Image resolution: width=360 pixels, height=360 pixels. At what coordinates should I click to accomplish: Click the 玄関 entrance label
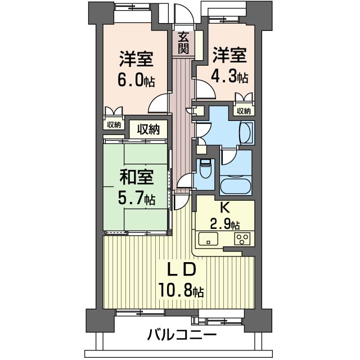pyautogui.click(x=183, y=43)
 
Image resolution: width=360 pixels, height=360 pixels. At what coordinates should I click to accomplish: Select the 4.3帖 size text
pyautogui.click(x=231, y=76)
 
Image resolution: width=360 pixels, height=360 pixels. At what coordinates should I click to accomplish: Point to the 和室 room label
pyautogui.click(x=136, y=177)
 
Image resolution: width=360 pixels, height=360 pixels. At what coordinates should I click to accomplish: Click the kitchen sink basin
pyautogui.click(x=208, y=239)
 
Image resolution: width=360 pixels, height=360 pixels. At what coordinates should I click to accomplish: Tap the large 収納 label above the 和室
pyautogui.click(x=148, y=129)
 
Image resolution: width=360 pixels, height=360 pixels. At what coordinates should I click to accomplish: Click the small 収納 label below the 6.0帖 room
pyautogui.click(x=114, y=124)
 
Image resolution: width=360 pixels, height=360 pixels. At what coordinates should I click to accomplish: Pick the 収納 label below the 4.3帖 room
pyautogui.click(x=243, y=111)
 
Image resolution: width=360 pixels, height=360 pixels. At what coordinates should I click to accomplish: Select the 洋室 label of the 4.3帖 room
pyautogui.click(x=230, y=55)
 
